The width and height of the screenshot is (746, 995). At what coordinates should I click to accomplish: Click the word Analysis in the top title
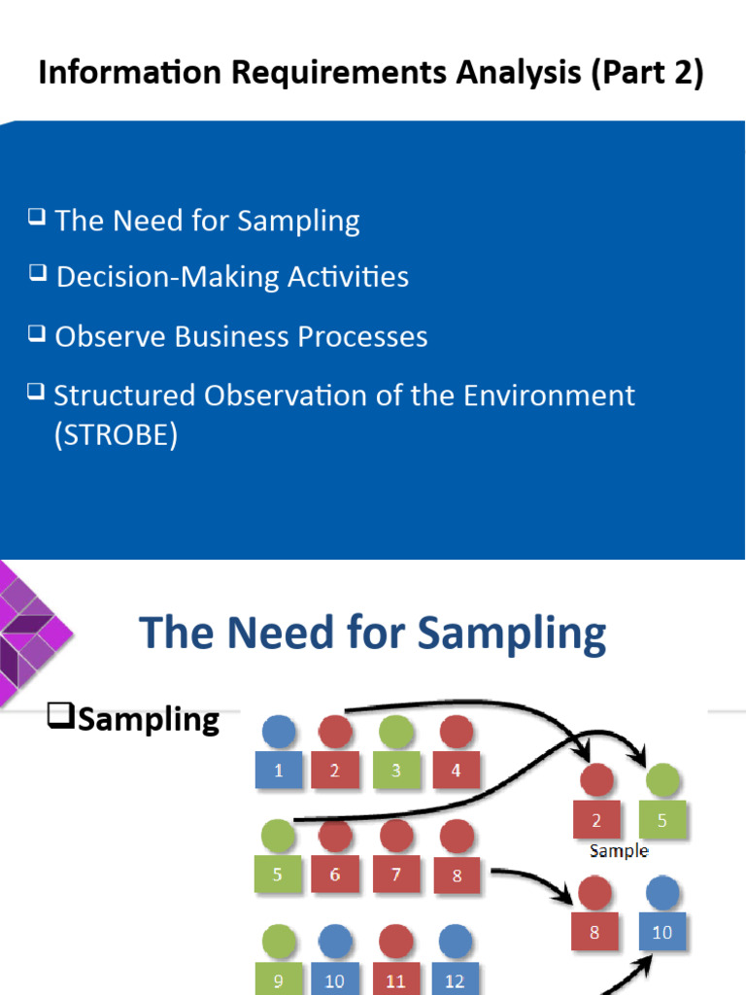pos(506,74)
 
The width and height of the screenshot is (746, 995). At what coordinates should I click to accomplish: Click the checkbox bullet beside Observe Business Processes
pos(37,333)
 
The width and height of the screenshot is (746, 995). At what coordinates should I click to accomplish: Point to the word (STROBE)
pos(116,435)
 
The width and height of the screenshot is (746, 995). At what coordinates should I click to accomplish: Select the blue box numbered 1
pos(279,771)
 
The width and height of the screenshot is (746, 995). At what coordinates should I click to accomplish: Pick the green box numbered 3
pos(395,771)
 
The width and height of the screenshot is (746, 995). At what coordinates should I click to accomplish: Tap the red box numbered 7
pos(395,875)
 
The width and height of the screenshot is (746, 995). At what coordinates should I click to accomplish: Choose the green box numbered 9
pos(279,979)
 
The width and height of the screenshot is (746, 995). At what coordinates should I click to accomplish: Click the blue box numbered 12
pos(455,979)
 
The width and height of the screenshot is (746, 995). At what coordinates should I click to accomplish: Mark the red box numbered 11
pos(395,979)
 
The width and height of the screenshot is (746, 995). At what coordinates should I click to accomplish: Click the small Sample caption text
pos(619,850)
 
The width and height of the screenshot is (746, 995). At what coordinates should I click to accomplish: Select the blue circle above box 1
pos(279,732)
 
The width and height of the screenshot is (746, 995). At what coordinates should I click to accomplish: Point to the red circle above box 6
pos(335,835)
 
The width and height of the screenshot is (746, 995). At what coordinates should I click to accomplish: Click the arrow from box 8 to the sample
pos(529,878)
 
